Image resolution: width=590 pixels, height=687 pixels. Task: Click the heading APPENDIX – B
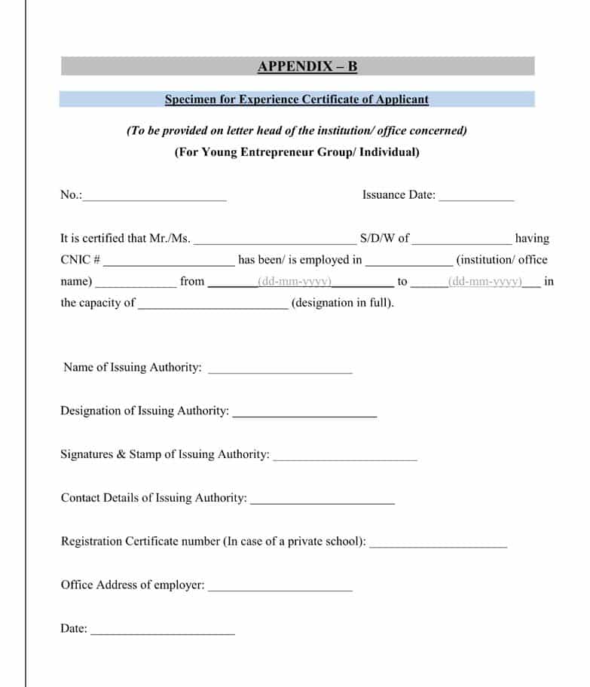[307, 66]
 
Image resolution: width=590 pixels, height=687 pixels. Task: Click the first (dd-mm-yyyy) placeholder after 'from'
[295, 282]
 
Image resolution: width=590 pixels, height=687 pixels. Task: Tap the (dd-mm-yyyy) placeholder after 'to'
[485, 282]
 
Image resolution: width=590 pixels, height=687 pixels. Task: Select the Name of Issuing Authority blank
[280, 371]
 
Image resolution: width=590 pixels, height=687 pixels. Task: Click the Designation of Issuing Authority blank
[304, 414]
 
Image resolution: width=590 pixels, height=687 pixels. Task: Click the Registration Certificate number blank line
[438, 545]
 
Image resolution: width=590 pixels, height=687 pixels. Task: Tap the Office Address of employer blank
[280, 588]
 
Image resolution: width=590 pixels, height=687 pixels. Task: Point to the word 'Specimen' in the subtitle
[189, 99]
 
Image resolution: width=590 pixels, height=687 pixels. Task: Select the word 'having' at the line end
[532, 239]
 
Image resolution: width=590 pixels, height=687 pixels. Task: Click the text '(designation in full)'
[342, 304]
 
